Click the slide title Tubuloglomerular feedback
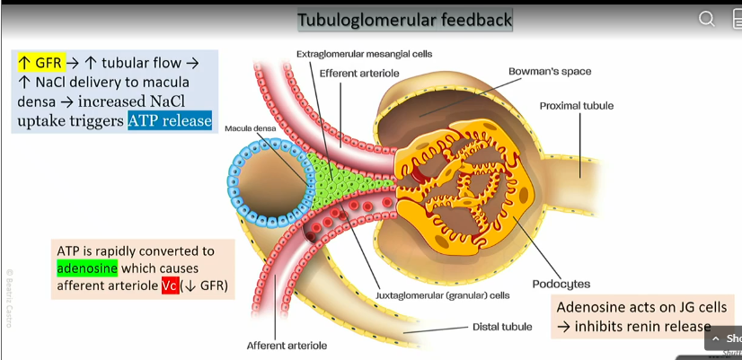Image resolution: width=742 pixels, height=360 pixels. click(404, 20)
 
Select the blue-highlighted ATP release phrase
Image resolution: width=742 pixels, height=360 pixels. click(170, 120)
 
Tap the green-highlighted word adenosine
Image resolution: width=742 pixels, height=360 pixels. click(87, 268)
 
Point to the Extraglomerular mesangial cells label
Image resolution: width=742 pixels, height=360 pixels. click(364, 54)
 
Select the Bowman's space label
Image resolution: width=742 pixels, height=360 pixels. click(550, 71)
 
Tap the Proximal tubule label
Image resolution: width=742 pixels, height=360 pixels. click(576, 106)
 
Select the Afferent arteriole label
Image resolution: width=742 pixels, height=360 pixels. click(287, 345)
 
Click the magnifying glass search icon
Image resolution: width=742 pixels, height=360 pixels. click(707, 19)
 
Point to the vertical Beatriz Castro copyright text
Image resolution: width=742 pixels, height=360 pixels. click(10, 296)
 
